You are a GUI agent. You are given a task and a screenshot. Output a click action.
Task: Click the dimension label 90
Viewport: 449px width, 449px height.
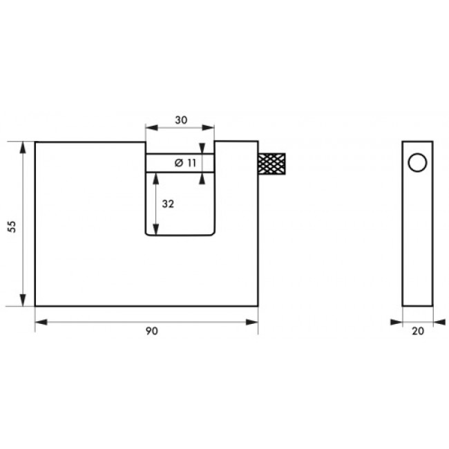tap(152, 331)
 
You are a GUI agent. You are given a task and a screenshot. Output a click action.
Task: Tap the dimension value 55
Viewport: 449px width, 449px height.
tap(12, 227)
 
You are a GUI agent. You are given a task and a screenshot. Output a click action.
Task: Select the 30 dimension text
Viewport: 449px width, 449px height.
tap(181, 120)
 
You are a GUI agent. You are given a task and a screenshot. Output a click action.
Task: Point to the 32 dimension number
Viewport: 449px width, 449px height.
tap(168, 204)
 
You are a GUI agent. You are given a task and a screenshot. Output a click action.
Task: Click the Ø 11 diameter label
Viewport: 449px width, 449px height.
tap(185, 163)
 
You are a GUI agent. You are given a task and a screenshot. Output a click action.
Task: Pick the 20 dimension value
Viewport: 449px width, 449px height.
tap(418, 331)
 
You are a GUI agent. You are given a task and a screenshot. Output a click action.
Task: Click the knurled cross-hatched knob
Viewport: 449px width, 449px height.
tap(271, 164)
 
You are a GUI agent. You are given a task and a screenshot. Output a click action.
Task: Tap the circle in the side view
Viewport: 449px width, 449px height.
tap(417, 162)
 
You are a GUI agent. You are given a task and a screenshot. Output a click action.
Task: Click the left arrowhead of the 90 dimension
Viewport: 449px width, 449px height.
tap(41, 323)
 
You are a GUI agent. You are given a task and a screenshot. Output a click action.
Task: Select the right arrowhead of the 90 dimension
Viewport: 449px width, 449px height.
tap(251, 323)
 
